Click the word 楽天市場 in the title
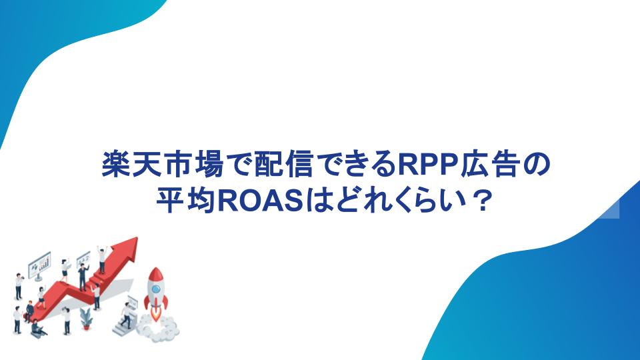point(163,165)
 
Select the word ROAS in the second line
point(261,201)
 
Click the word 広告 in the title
point(491,165)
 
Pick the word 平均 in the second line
point(186,201)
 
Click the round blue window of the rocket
point(155,289)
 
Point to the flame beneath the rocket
point(155,313)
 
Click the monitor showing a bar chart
point(39,265)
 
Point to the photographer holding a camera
point(19,286)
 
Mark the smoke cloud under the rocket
point(158,327)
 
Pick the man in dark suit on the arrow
point(83,277)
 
